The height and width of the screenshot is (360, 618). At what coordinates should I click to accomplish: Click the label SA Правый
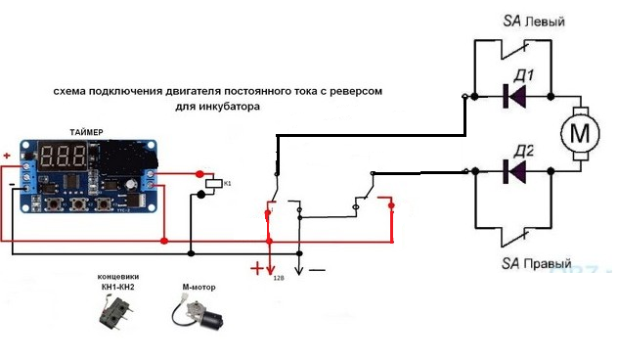(537, 265)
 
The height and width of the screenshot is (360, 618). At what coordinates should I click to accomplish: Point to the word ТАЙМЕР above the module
(95, 131)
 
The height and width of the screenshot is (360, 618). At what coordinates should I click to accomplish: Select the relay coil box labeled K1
(214, 183)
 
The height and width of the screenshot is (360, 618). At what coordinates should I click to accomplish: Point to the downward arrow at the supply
(300, 265)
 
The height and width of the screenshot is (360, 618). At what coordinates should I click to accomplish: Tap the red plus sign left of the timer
(7, 155)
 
